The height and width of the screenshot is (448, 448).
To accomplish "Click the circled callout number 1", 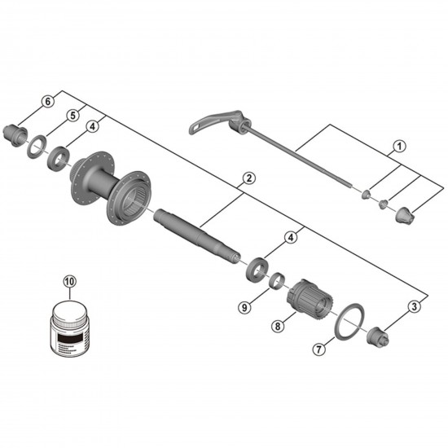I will pos(399,147).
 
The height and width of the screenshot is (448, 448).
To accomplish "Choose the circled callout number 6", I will pos(47,101).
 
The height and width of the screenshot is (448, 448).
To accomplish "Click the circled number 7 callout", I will pos(319,350).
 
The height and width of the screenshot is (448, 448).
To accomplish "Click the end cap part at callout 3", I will pos(378,333).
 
